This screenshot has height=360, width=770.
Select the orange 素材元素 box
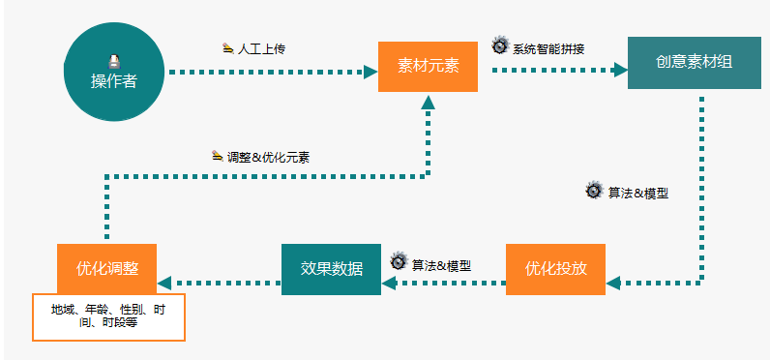click(x=428, y=66)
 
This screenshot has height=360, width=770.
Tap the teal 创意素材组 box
click(x=694, y=62)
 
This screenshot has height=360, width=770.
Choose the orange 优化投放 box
click(x=555, y=269)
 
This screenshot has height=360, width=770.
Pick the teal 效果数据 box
click(x=331, y=269)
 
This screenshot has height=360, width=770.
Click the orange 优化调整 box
click(x=106, y=269)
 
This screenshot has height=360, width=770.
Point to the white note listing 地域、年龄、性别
click(x=108, y=316)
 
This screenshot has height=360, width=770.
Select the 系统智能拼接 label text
click(x=548, y=47)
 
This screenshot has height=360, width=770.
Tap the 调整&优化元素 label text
click(x=268, y=157)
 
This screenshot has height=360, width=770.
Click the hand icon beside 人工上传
click(x=227, y=47)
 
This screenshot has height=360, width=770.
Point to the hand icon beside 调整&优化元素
click(x=217, y=156)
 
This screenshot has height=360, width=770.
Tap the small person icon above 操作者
click(x=114, y=60)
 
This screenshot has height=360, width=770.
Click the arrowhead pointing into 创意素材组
click(x=620, y=70)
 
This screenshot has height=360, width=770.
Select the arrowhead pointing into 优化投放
click(x=612, y=283)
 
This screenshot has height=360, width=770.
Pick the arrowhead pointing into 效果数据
click(x=389, y=283)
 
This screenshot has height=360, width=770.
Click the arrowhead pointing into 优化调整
click(x=164, y=283)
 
